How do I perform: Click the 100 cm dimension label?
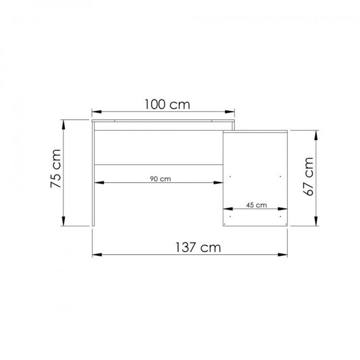point(167,104)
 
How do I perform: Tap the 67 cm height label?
point(308,176)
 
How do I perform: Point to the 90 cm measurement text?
point(160,178)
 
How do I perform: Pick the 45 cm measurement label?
point(256,205)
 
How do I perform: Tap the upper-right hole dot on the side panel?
point(281,176)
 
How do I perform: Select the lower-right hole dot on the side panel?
point(281,216)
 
